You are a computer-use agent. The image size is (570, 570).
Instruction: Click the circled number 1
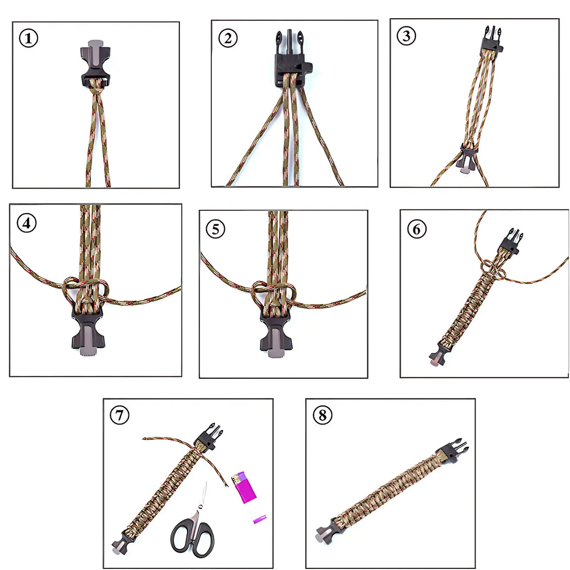tap(28, 38)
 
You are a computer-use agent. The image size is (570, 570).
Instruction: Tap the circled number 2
tap(228, 38)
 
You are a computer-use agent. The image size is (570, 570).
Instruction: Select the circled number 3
tap(406, 36)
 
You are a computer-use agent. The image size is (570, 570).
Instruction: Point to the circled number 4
tap(26, 223)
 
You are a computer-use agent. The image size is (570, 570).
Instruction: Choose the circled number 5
tap(216, 230)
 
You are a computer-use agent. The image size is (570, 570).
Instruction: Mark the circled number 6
tap(417, 230)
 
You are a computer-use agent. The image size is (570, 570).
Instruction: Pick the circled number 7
tap(120, 415)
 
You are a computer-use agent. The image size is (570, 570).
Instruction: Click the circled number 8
tap(322, 415)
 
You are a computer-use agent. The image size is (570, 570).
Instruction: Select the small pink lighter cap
tap(260, 519)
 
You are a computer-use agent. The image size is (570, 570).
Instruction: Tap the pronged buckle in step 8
tap(453, 450)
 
